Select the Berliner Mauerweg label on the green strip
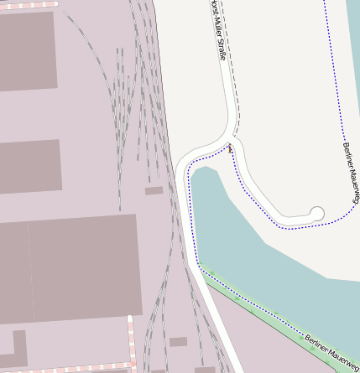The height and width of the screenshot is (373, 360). [x=331, y=352]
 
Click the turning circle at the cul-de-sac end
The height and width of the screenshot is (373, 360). [x=317, y=214]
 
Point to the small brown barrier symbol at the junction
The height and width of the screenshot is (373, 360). [x=230, y=149]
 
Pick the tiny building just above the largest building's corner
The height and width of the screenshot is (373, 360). [x=154, y=191]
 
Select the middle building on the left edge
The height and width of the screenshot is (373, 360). [x=30, y=166]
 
